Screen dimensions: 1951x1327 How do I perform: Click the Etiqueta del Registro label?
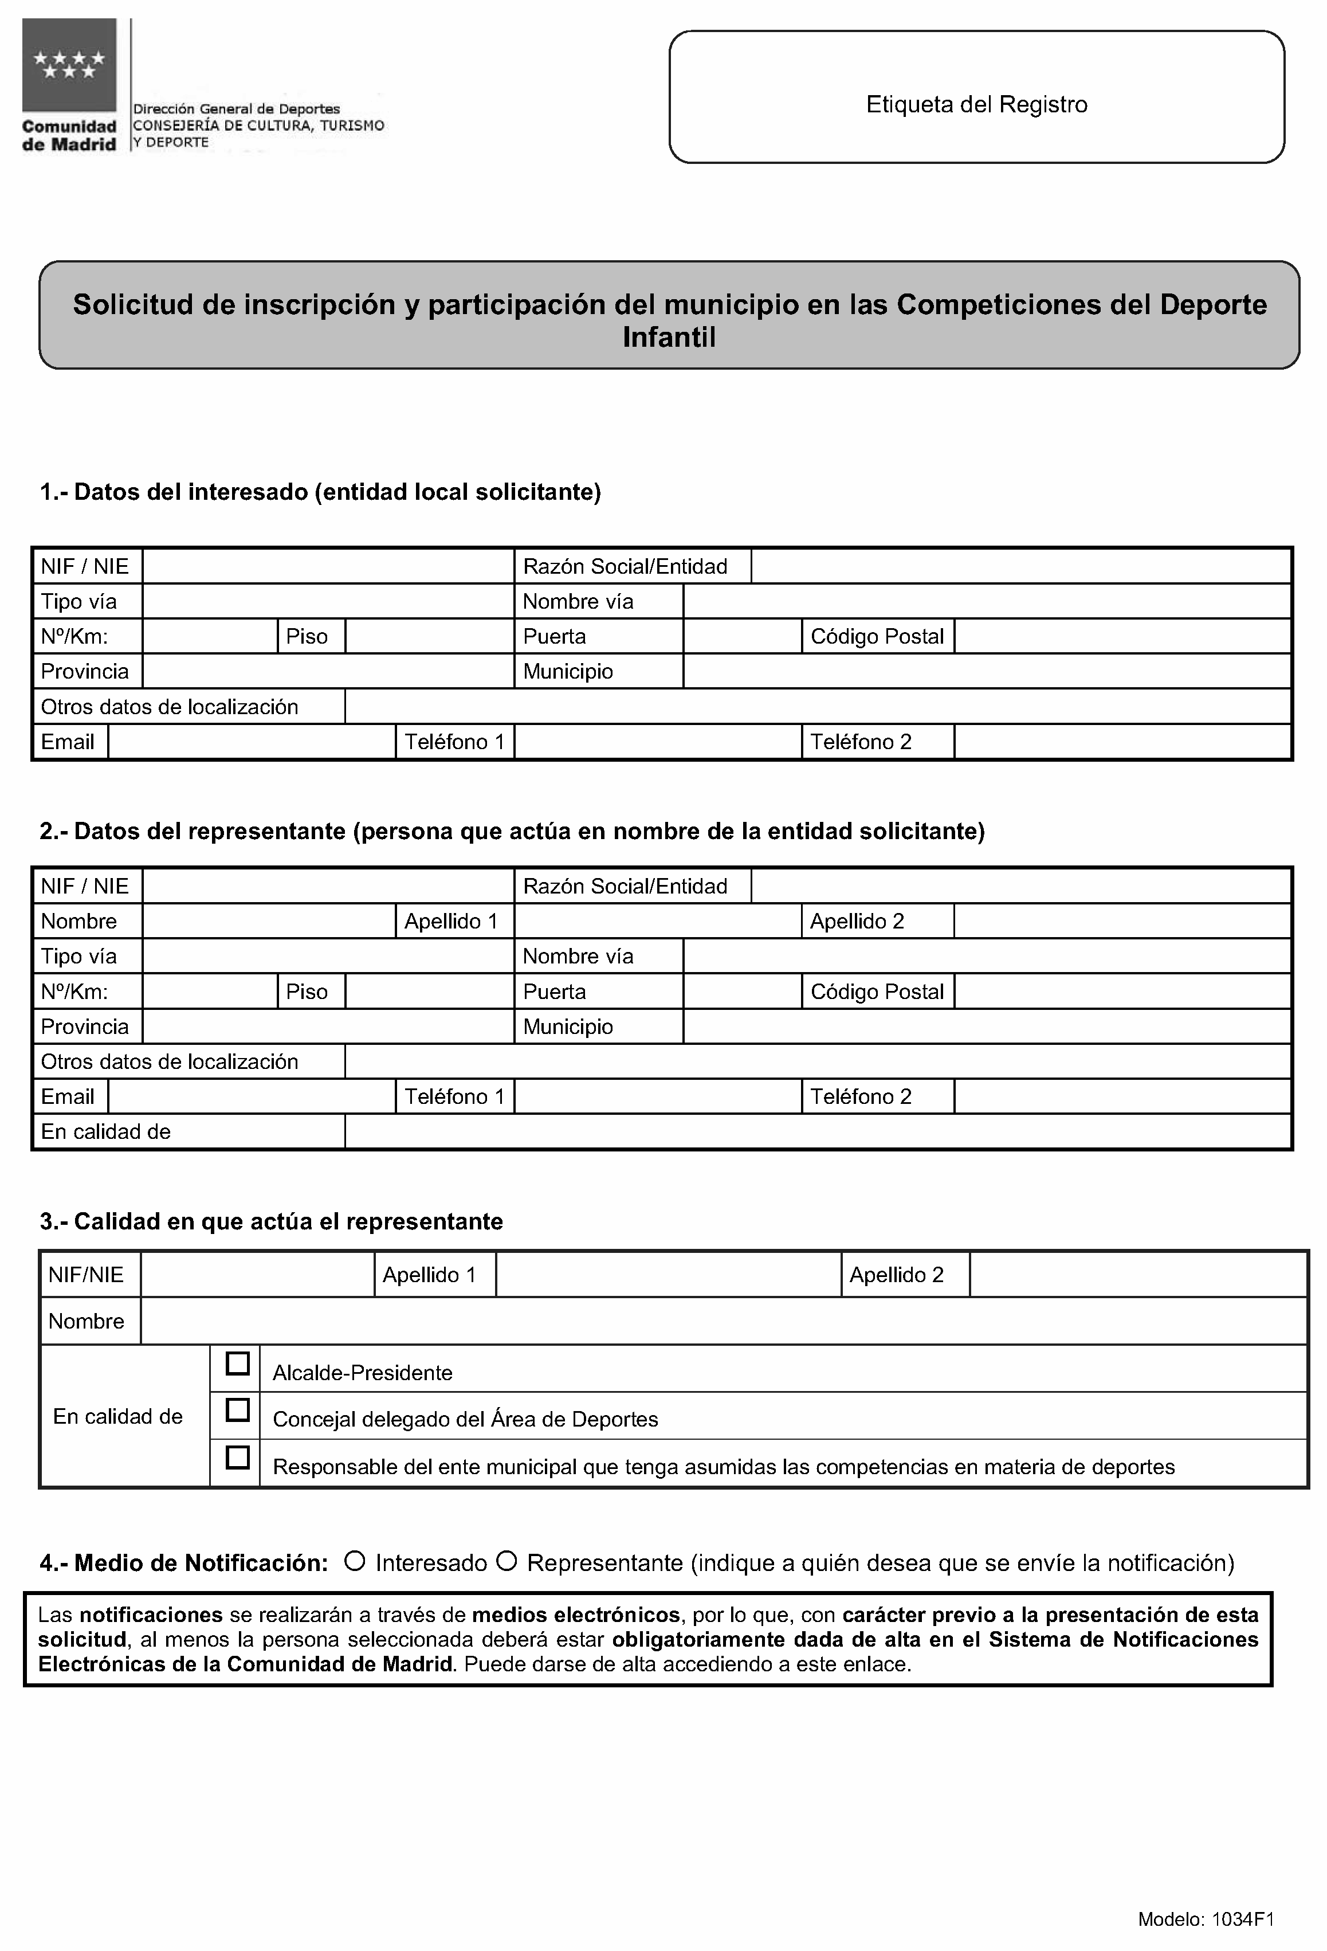[x=976, y=105]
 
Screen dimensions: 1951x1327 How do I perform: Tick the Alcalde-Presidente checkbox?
[x=238, y=1364]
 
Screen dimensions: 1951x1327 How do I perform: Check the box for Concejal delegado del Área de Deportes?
[x=238, y=1409]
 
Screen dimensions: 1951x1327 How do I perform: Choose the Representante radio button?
[x=506, y=1561]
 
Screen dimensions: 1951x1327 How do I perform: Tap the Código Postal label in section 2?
[x=877, y=992]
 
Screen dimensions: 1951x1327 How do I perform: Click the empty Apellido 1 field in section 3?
[x=668, y=1274]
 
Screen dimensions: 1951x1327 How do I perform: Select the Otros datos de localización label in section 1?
[x=170, y=707]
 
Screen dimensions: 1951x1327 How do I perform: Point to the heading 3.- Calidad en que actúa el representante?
[x=271, y=1221]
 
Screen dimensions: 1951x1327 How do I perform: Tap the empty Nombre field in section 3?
[x=723, y=1321]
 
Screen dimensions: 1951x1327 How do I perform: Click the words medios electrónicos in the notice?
[x=576, y=1615]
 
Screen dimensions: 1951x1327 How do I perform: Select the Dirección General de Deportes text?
[x=237, y=109]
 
